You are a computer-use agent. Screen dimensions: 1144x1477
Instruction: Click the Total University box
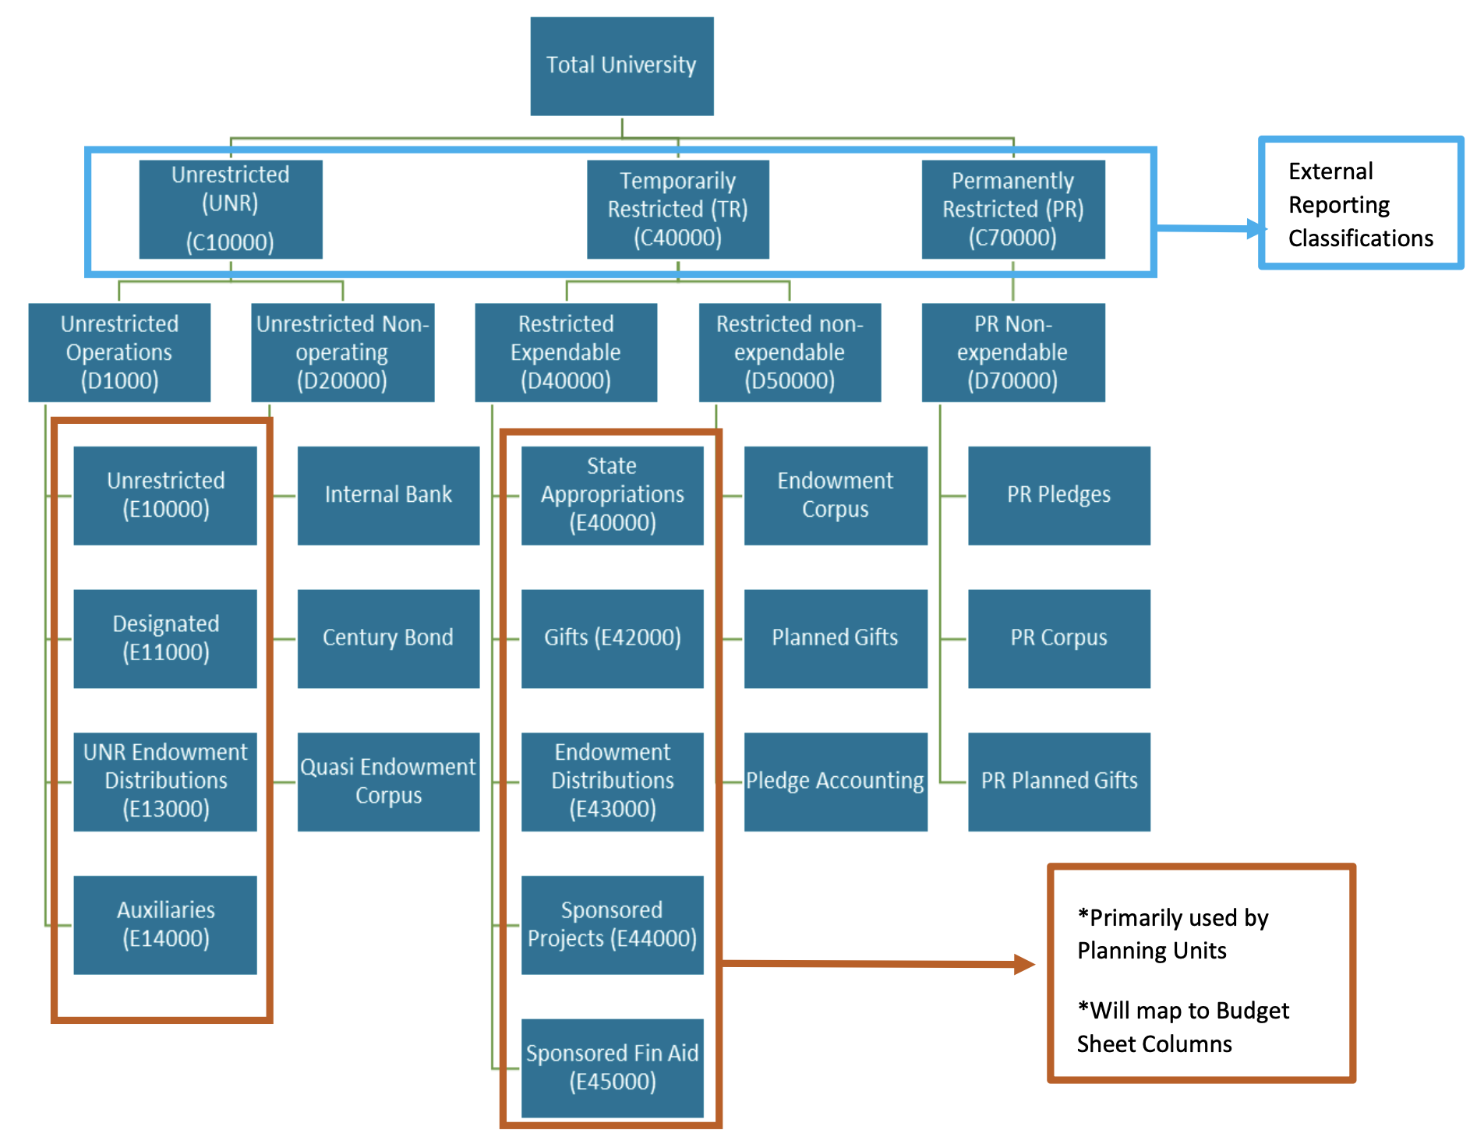coord(621,66)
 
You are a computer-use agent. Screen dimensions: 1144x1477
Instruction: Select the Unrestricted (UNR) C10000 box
coord(231,209)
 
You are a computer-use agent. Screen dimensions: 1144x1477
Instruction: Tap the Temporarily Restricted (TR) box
coord(677,209)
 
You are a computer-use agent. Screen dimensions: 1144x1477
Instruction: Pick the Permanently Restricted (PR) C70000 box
coord(1012,209)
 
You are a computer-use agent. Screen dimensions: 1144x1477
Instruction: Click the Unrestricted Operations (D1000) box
coord(119,352)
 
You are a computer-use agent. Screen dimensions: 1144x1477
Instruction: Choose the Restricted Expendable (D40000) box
coord(566,352)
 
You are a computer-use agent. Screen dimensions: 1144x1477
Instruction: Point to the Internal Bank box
coord(388,495)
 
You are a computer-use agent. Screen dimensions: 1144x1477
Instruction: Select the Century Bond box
coord(388,638)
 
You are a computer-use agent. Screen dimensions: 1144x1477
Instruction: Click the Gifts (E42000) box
coord(612,638)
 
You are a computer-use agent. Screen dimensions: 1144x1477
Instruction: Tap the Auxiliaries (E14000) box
coord(165,924)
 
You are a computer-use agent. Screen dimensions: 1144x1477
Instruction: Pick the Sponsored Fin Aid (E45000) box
coord(612,1068)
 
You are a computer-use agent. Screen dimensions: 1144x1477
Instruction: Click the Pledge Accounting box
coord(835,781)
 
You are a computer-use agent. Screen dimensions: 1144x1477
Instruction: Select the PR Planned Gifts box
coord(1058,781)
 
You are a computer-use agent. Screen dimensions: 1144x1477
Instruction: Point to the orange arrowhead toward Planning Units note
coord(1025,965)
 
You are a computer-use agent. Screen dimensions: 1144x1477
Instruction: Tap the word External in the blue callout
coord(1330,171)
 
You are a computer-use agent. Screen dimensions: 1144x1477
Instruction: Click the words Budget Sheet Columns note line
coord(1182,1027)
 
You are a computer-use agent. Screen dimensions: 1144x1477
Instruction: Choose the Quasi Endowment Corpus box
coord(388,781)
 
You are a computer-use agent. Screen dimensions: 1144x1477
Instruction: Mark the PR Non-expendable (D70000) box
coord(1012,352)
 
